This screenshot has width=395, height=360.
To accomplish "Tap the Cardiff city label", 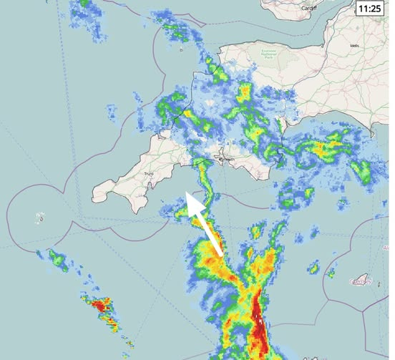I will click(x=308, y=8).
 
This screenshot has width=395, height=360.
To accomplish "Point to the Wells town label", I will click(x=355, y=45).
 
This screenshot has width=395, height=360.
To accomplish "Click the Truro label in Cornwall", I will click(x=149, y=173).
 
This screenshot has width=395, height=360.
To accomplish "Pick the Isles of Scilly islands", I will click(x=41, y=217).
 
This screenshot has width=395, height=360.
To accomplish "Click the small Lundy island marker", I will click(x=182, y=50).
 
